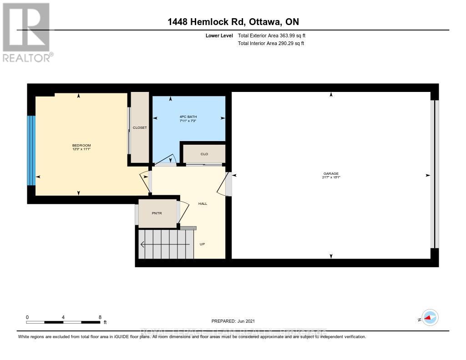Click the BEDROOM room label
pos(81,145)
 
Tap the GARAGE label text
pos(331,173)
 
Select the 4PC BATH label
pos(188,117)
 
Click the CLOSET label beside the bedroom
pos(140,128)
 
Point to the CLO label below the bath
pos(204,154)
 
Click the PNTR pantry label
pos(157,213)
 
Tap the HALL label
pos(203,203)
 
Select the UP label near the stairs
pos(203,244)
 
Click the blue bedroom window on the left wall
pos(31,150)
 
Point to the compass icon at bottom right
pos(430,318)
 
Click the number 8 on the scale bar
pos(100,317)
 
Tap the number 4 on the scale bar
pos(63,317)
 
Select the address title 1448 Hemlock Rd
pos(233,22)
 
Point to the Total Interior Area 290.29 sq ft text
pos(271,44)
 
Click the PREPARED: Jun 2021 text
pos(236,321)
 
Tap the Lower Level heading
pos(219,35)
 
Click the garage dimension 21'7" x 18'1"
pos(331,177)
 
